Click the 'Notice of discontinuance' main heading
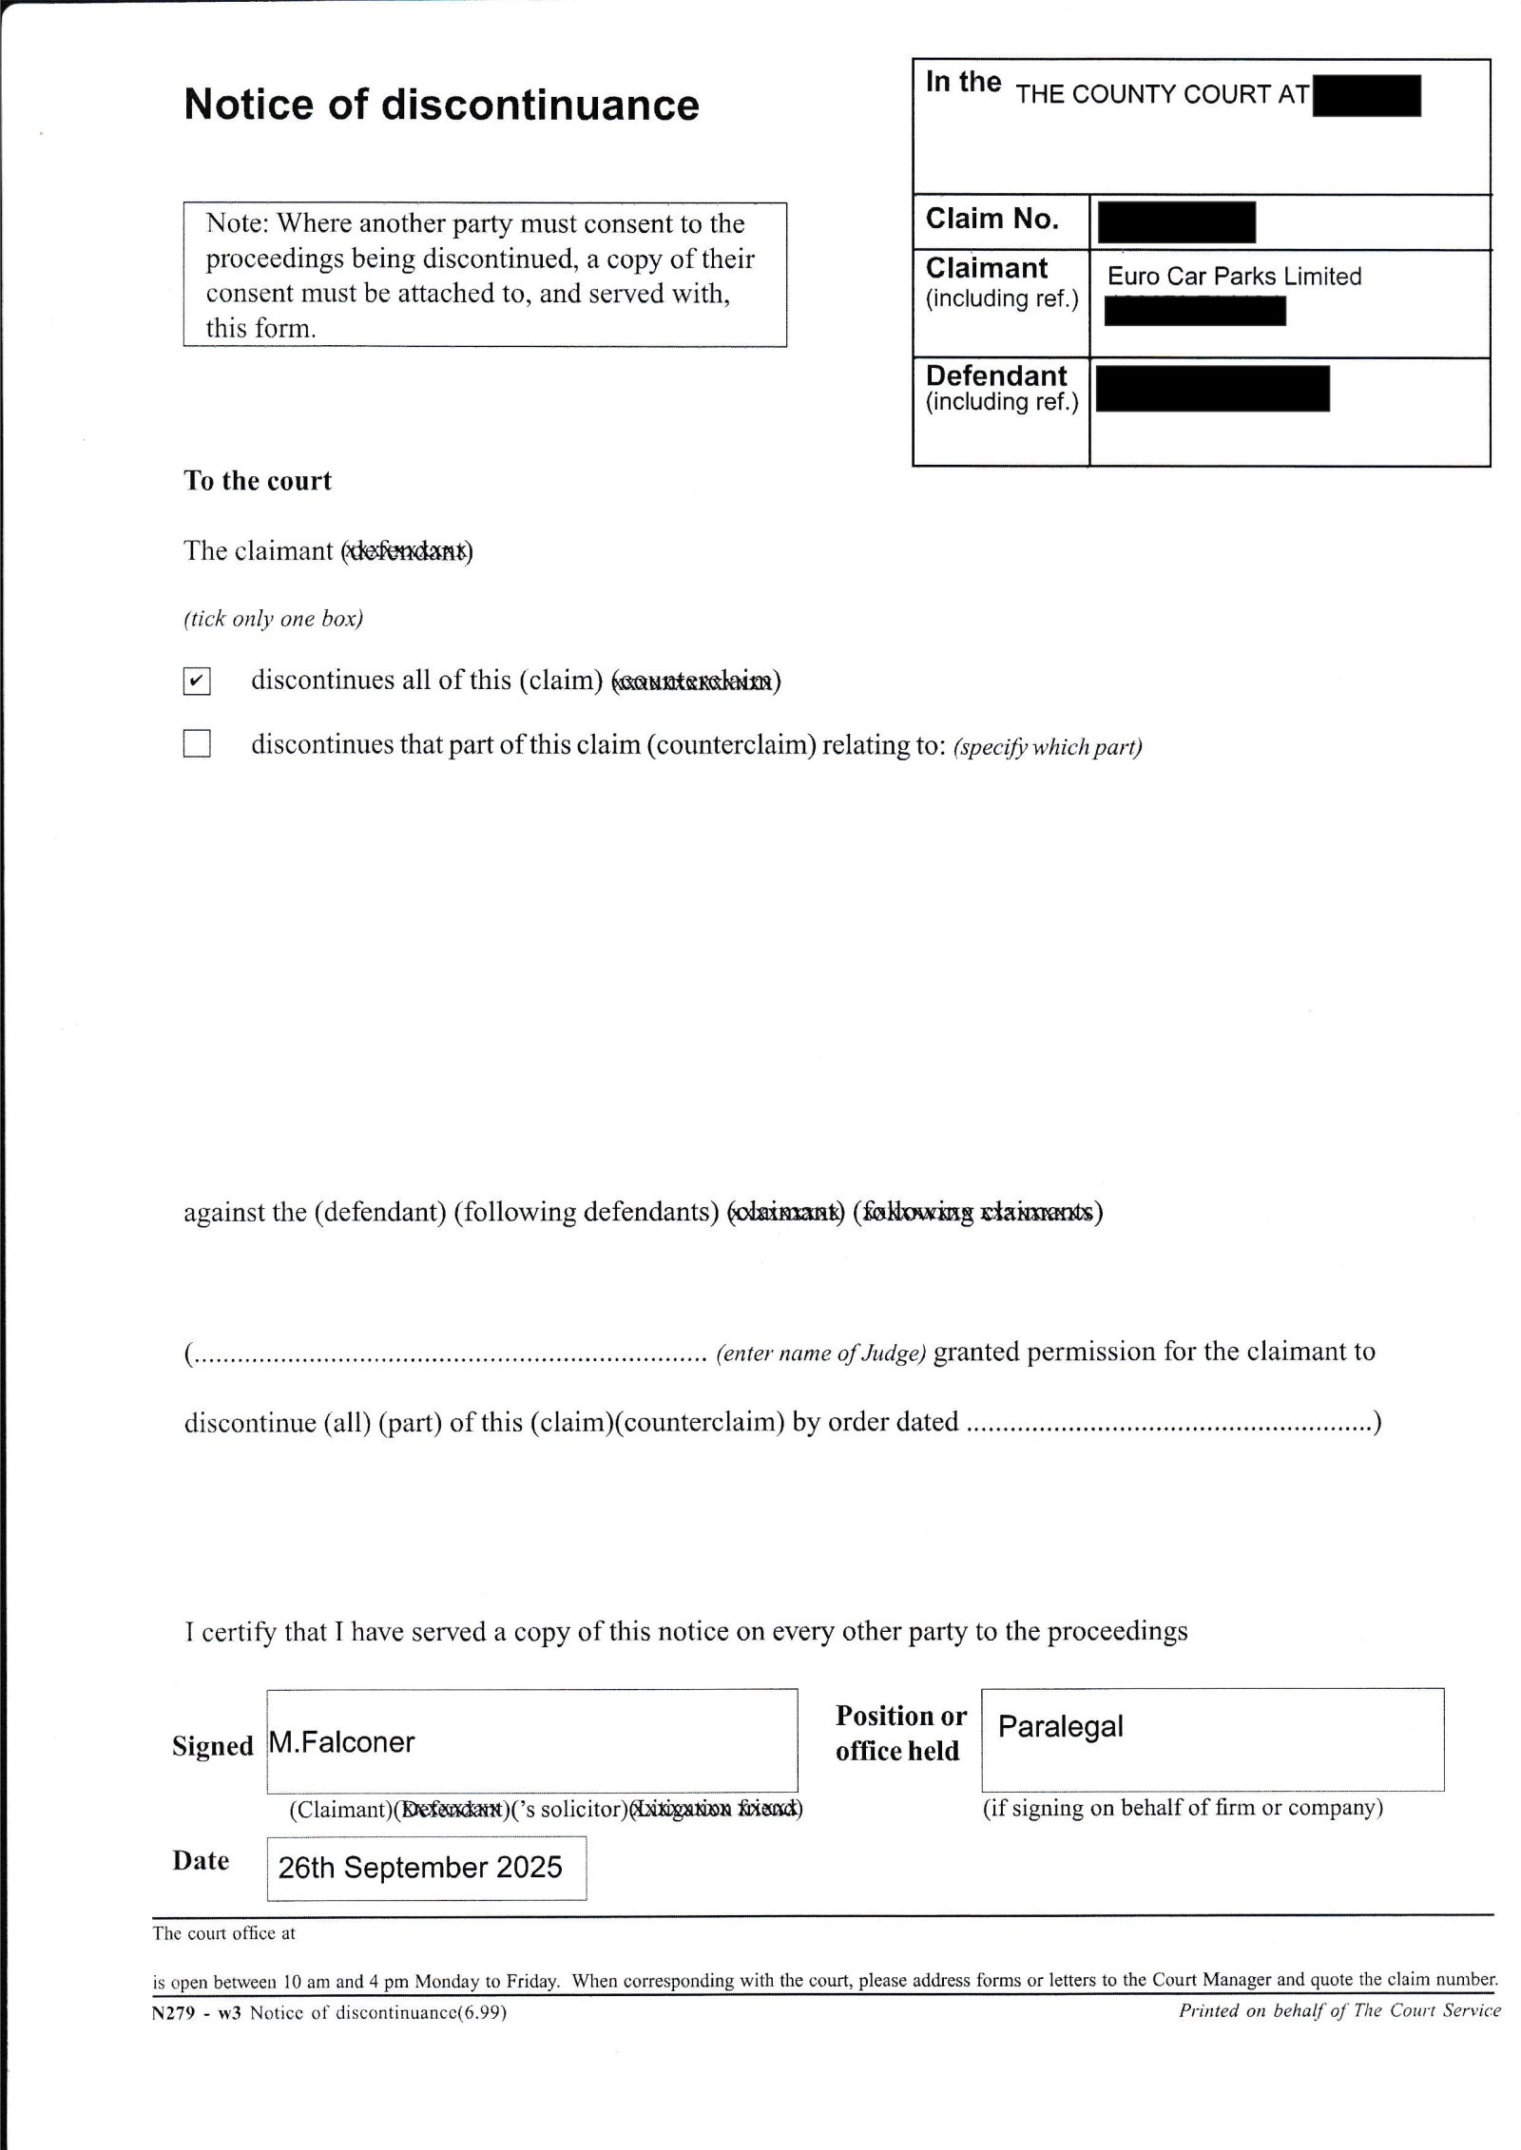441,105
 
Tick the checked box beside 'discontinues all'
197,681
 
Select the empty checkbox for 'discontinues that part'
197,743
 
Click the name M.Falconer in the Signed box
342,1742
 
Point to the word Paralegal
1060,1726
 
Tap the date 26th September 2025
420,1867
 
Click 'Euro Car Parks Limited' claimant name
1234,277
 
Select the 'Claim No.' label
992,220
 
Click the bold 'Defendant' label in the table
996,375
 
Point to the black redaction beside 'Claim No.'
1176,222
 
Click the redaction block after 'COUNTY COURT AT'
1366,96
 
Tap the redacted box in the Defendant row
1212,389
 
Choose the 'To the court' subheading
258,481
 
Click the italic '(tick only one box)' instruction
273,619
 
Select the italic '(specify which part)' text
1047,747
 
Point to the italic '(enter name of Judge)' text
820,1353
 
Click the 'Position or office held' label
899,1733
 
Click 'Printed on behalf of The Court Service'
1339,2010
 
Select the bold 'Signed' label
212,1746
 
